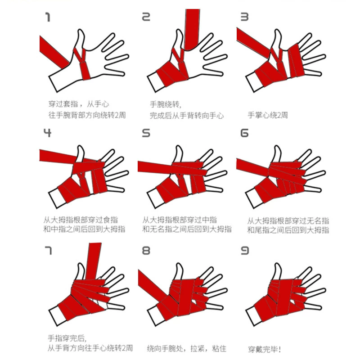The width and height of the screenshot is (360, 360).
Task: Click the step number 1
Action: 48,17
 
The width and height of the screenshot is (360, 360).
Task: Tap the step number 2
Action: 146,17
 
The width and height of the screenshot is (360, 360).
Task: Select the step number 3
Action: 244,17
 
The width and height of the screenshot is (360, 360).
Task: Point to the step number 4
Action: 47,133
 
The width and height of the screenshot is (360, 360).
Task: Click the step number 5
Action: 146,133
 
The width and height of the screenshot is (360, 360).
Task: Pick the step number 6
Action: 244,133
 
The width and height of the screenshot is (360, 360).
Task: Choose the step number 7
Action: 48,251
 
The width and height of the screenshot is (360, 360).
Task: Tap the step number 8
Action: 146,251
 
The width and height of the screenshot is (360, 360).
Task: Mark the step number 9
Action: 244,251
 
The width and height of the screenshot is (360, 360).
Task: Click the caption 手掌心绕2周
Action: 268,115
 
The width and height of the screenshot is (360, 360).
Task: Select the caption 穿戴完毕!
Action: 265,350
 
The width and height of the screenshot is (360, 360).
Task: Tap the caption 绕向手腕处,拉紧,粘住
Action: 186,348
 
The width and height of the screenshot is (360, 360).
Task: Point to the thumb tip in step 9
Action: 277,264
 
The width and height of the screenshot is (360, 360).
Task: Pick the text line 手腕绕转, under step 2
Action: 166,105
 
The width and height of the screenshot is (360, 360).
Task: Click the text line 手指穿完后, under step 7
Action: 67,338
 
